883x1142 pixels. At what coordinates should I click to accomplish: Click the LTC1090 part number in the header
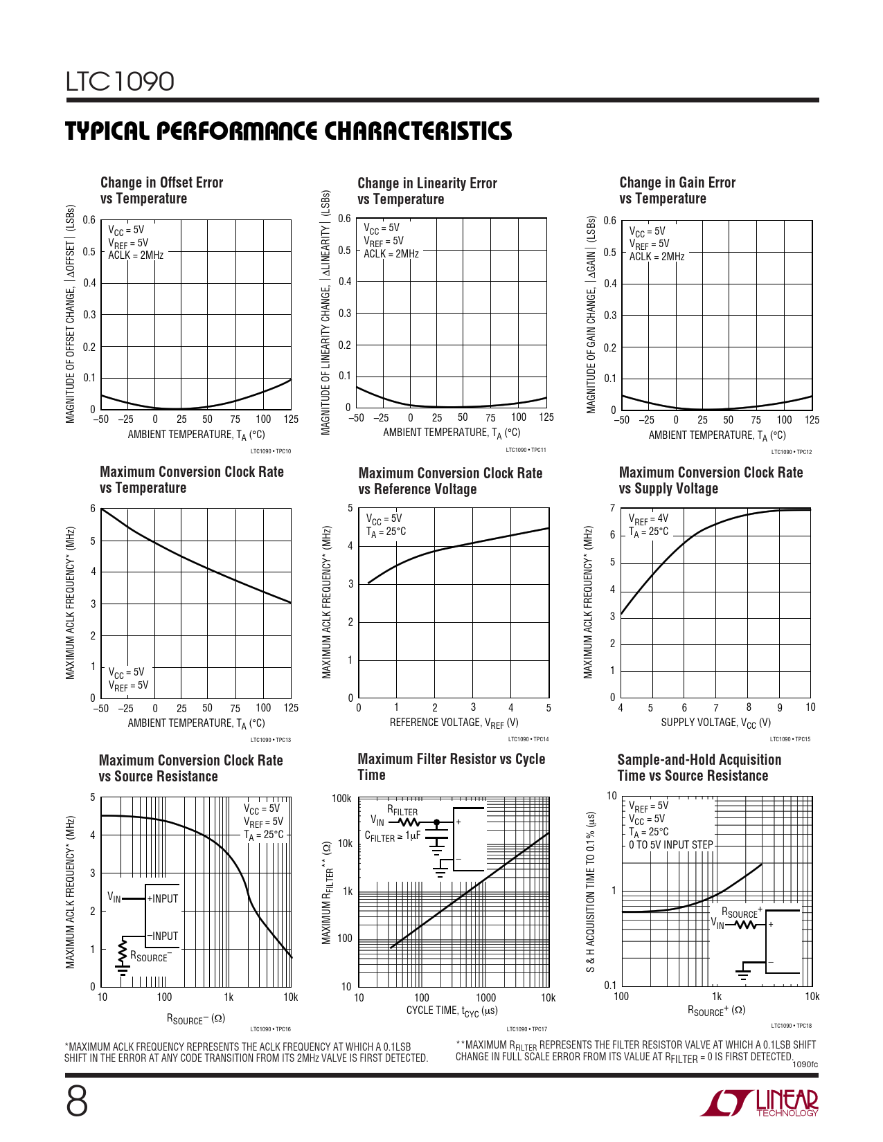pyautogui.click(x=120, y=82)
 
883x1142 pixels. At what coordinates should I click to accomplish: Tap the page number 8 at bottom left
pyautogui.click(x=77, y=1101)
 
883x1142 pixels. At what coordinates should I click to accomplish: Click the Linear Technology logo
pyautogui.click(x=759, y=1103)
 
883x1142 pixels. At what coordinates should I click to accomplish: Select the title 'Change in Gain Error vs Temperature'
pyautogui.click(x=677, y=190)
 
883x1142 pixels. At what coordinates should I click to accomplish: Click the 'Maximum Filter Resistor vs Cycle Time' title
pyautogui.click(x=451, y=767)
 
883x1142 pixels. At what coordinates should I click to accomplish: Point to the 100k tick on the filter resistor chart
pyautogui.click(x=341, y=799)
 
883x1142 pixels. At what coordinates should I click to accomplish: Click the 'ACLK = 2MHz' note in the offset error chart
pyautogui.click(x=136, y=255)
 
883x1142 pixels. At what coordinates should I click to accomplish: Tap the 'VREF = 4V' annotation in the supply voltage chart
pyautogui.click(x=648, y=518)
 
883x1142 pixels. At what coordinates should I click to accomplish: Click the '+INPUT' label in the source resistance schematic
pyautogui.click(x=163, y=898)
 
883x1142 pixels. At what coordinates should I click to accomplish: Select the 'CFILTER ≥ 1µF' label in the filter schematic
pyautogui.click(x=393, y=836)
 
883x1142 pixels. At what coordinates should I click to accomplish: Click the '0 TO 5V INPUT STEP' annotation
pyautogui.click(x=670, y=845)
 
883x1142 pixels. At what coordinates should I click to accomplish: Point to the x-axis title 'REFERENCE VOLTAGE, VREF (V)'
pyautogui.click(x=454, y=723)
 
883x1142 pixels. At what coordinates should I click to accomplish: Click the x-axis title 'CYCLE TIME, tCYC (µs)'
pyautogui.click(x=452, y=1011)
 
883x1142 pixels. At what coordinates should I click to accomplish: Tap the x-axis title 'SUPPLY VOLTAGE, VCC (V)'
pyautogui.click(x=715, y=723)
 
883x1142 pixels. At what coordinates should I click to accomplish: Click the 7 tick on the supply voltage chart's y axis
pyautogui.click(x=612, y=508)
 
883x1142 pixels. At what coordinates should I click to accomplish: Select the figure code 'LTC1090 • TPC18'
pyautogui.click(x=791, y=1026)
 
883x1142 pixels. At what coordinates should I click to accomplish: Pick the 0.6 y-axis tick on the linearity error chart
pyautogui.click(x=344, y=219)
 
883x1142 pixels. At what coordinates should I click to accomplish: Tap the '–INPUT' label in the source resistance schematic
pyautogui.click(x=163, y=936)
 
